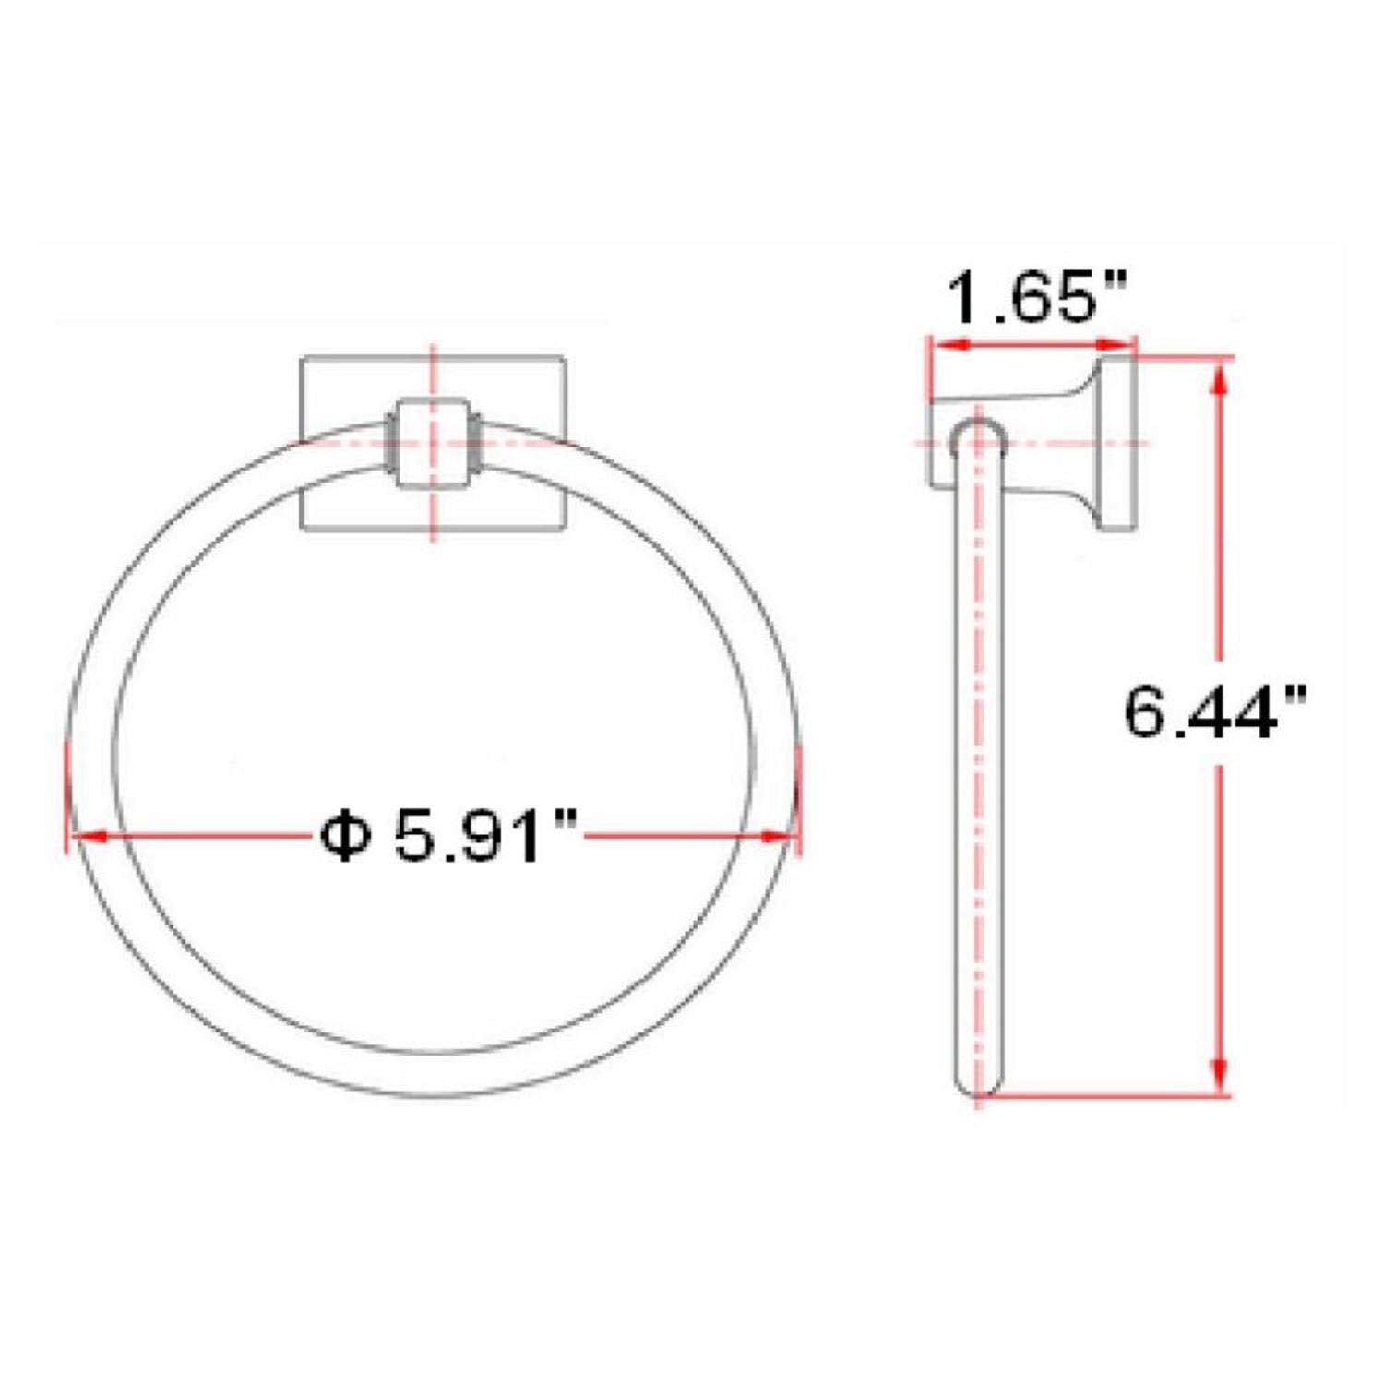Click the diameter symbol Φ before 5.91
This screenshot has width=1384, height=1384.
click(x=344, y=836)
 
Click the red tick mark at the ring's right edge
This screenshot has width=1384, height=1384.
click(x=799, y=799)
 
